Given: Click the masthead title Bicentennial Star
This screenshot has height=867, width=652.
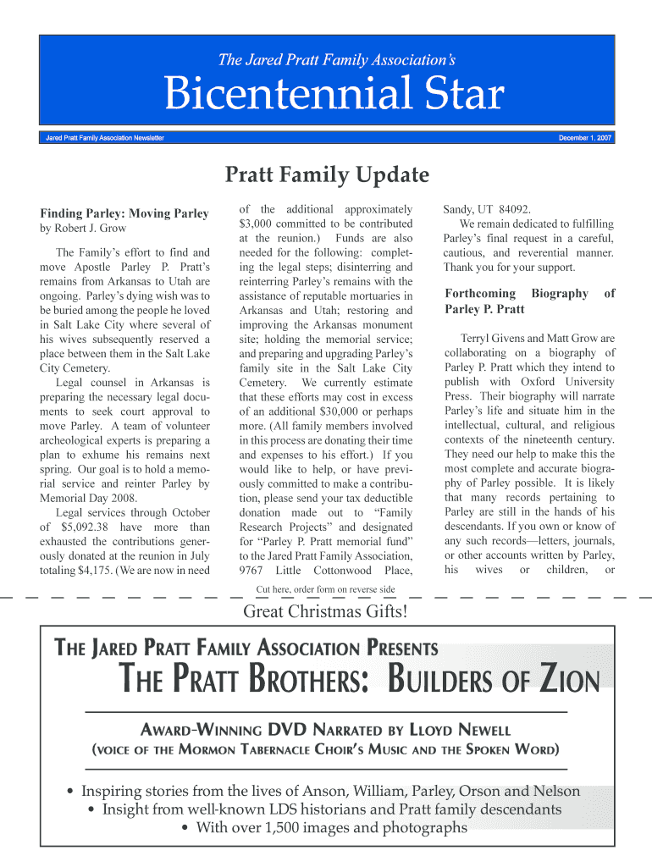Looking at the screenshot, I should click(x=334, y=95).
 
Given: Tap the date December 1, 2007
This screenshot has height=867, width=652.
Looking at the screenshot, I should click(x=586, y=137).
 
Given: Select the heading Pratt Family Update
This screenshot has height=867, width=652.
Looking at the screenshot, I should click(x=326, y=175).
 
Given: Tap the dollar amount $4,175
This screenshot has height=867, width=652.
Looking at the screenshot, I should click(x=92, y=570).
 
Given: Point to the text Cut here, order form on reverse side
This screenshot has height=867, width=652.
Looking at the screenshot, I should click(x=326, y=589).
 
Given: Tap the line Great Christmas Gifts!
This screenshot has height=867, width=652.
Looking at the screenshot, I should click(x=326, y=612).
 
